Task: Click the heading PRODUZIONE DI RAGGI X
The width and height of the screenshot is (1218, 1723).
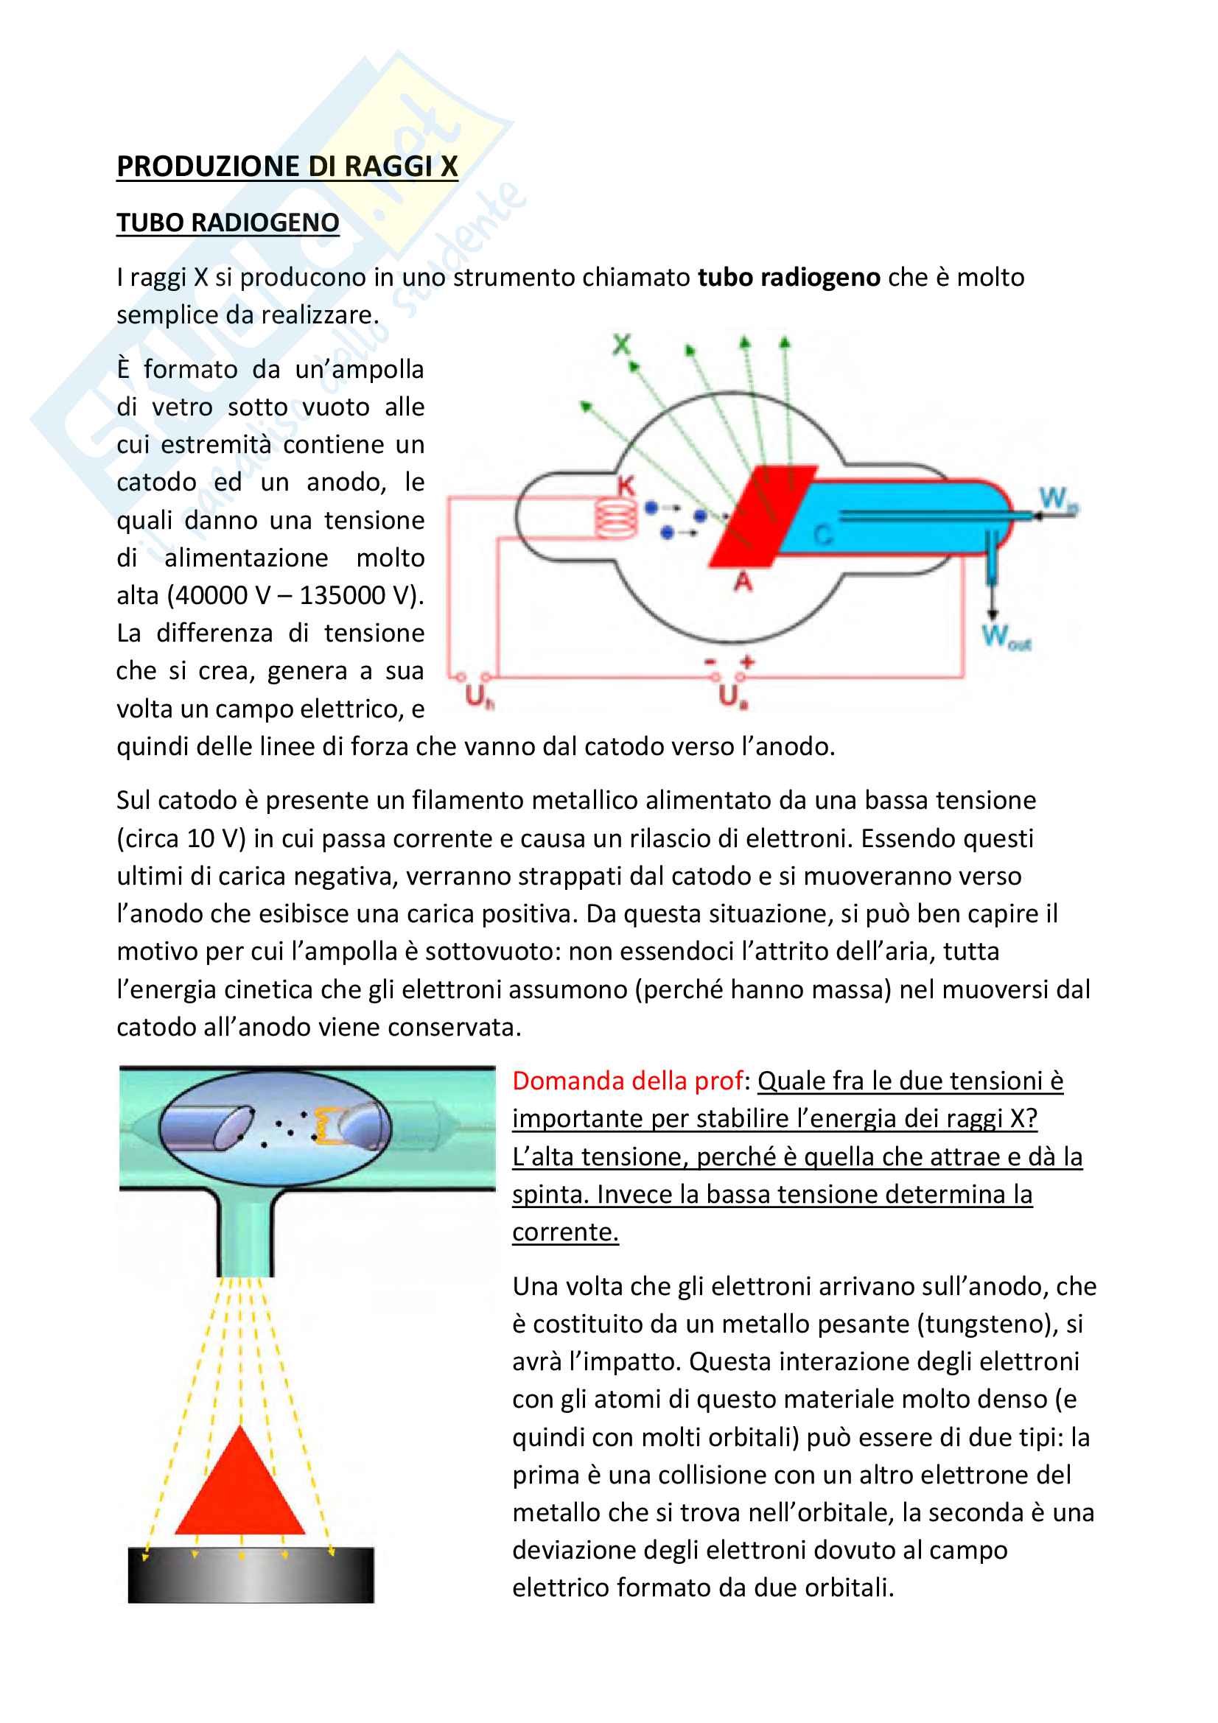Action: coord(287,166)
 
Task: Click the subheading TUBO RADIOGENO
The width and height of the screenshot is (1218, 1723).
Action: coord(228,222)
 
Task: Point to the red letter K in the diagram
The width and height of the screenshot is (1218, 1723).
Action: coord(625,485)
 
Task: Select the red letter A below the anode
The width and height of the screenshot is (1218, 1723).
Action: coord(742,580)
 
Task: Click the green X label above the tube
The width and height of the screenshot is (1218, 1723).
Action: coord(621,345)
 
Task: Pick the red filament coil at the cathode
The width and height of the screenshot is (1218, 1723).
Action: coord(616,518)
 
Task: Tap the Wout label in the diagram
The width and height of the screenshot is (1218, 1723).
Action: coord(1006,637)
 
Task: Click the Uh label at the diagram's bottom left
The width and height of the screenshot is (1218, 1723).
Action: coord(478,697)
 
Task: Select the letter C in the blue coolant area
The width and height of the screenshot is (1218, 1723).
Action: coord(823,535)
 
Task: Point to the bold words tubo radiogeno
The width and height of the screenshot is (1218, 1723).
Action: coord(788,277)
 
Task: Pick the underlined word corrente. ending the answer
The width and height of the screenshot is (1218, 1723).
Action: coord(565,1232)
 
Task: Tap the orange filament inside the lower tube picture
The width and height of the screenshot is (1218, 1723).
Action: coord(327,1126)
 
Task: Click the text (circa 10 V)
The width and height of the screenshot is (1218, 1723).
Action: coord(181,838)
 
